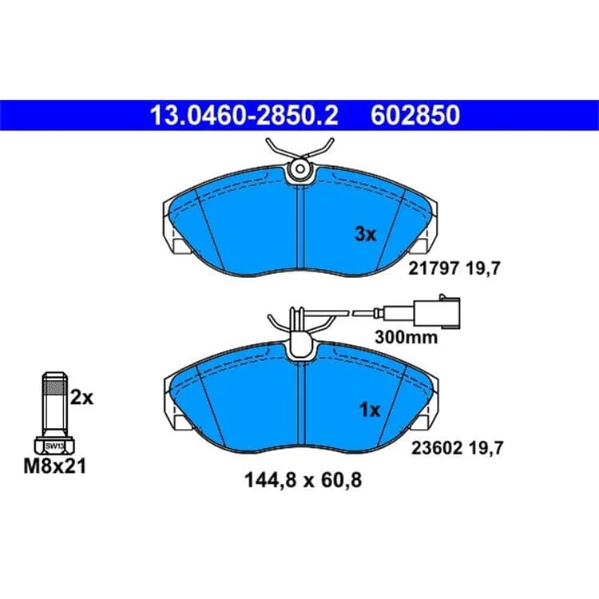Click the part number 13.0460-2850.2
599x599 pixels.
tap(244, 115)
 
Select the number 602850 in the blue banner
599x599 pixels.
tap(415, 115)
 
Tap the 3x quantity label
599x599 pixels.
tap(365, 234)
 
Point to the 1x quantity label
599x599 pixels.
tap(370, 410)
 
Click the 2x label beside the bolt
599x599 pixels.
tap(81, 398)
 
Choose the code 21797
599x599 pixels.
tap(433, 268)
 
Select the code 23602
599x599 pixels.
tap(437, 448)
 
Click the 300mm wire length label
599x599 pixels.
tap(406, 337)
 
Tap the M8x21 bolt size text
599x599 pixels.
tap(55, 466)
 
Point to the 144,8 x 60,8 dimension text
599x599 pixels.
tap(303, 480)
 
